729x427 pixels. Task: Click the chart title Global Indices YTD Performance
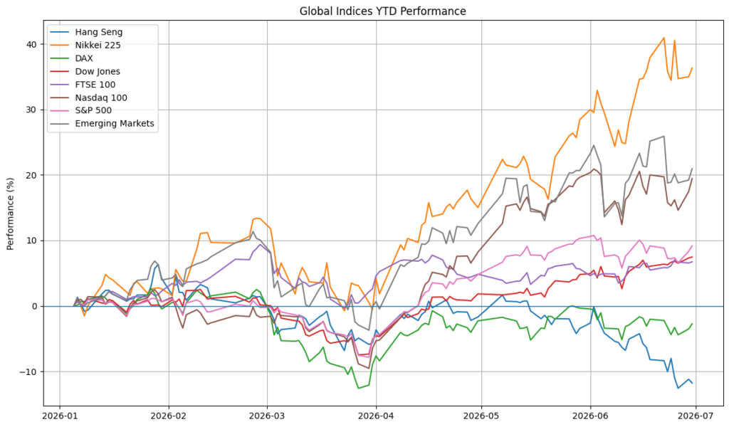tap(382, 11)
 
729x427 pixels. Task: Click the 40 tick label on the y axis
tap(32, 45)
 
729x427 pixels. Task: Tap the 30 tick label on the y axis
tap(32, 110)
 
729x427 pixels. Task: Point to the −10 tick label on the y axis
tap(28, 371)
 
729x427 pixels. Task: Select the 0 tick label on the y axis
tap(35, 306)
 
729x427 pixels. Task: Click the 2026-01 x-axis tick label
tap(60, 416)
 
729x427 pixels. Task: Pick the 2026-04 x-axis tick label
tap(376, 416)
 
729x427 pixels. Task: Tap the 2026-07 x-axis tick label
tap(696, 416)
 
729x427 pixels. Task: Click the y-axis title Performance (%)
tap(11, 213)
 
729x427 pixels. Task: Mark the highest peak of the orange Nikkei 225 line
tap(664, 38)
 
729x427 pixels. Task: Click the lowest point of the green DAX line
tap(359, 388)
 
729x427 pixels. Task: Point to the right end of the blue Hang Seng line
tap(692, 383)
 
